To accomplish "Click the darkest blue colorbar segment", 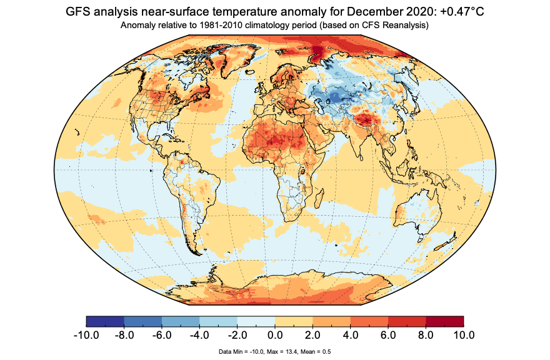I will [105, 322].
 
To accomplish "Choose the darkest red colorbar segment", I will [444, 322].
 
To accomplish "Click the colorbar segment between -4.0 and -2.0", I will [218, 322].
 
